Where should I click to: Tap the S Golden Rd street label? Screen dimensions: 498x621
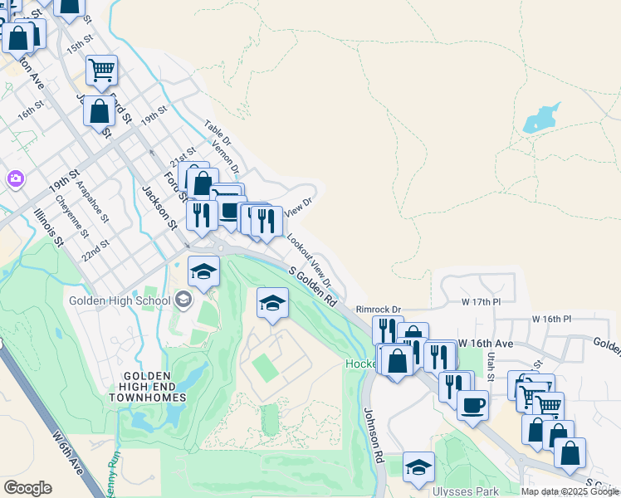pyautogui.click(x=313, y=286)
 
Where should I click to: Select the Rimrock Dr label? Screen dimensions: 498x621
pyautogui.click(x=378, y=309)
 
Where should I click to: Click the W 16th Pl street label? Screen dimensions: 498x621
pyautogui.click(x=552, y=319)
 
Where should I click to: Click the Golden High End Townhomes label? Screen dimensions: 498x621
pyautogui.click(x=146, y=387)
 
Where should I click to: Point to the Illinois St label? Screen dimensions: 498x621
pyautogui.click(x=49, y=227)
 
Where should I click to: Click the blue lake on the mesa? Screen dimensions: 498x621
pyautogui.click(x=540, y=119)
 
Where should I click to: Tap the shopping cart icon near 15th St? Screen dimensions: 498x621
pyautogui.click(x=101, y=70)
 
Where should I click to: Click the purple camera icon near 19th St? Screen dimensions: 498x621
pyautogui.click(x=15, y=178)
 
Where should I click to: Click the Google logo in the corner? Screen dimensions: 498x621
pyautogui.click(x=27, y=488)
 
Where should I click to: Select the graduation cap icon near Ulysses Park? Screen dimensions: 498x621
pyautogui.click(x=418, y=467)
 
